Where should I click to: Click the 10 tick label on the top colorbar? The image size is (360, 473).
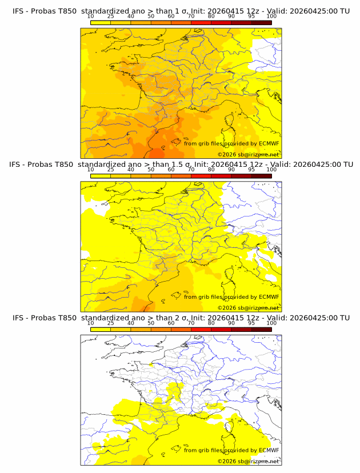(x=91, y=17)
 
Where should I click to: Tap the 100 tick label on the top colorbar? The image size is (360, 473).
(x=271, y=17)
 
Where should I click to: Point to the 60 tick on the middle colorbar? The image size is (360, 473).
(x=171, y=170)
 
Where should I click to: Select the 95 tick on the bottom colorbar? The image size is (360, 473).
(x=251, y=323)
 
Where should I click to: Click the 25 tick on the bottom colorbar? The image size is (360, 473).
(x=111, y=323)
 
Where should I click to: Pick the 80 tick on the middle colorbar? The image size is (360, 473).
(x=211, y=170)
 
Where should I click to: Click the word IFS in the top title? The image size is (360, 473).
(x=19, y=11)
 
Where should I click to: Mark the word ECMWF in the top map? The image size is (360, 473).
(x=269, y=143)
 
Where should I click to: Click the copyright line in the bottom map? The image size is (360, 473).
(x=248, y=461)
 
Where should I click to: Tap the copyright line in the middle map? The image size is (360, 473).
(x=248, y=307)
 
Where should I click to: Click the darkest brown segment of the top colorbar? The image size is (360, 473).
(x=261, y=22)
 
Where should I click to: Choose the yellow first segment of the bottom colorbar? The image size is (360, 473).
(x=101, y=329)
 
